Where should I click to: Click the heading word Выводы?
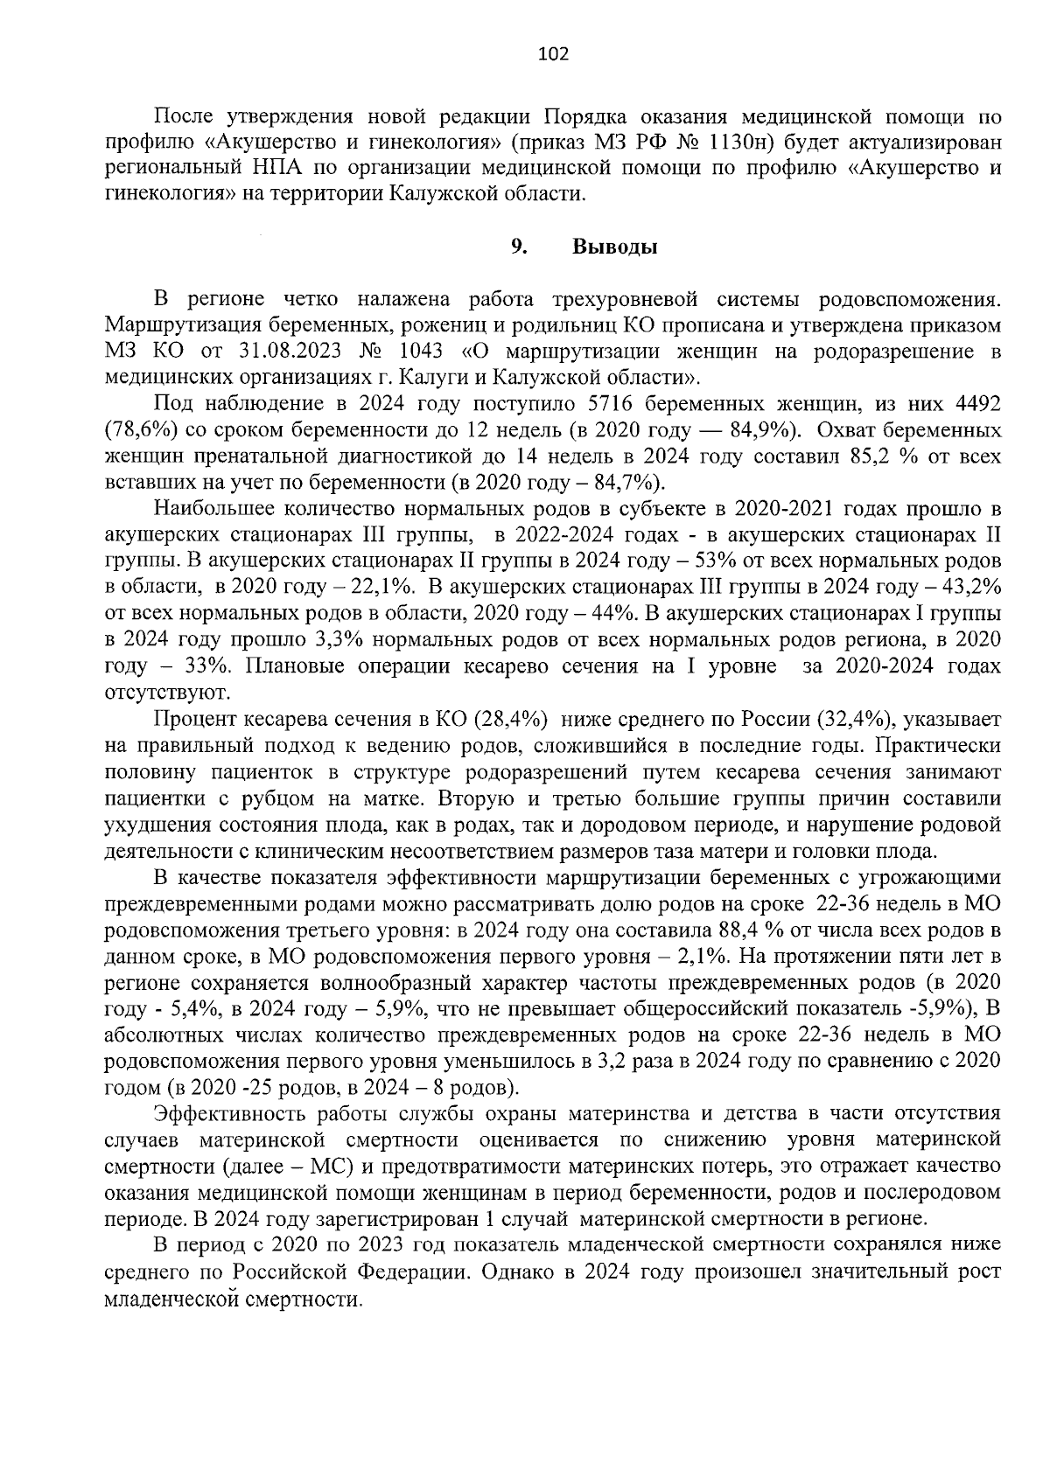(614, 247)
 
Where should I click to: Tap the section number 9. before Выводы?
(518, 247)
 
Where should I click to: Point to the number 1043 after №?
(422, 352)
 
